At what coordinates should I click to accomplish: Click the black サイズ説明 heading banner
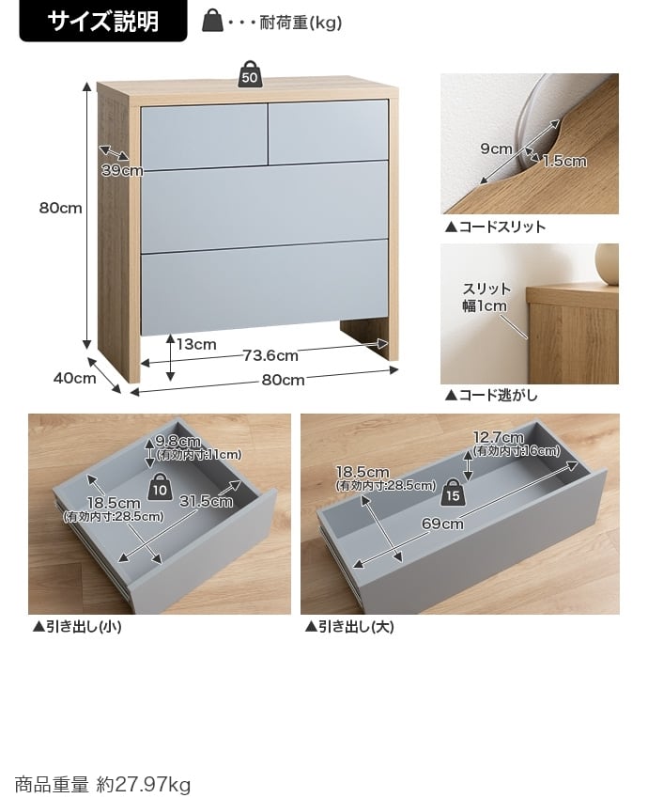(103, 21)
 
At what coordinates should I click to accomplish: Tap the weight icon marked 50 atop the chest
(250, 76)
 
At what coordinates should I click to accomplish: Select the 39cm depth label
(122, 170)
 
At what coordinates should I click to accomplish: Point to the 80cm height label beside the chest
(60, 208)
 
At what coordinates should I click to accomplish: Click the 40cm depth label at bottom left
(74, 378)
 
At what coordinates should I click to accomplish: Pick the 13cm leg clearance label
(196, 344)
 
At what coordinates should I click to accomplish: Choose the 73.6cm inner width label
(270, 355)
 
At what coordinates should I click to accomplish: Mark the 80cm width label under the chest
(283, 380)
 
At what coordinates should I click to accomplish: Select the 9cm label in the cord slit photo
(496, 149)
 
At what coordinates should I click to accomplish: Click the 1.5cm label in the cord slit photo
(563, 161)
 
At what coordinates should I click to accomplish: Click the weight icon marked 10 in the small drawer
(160, 488)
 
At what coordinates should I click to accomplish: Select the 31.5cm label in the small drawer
(206, 501)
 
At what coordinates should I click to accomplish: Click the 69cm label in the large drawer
(442, 524)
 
